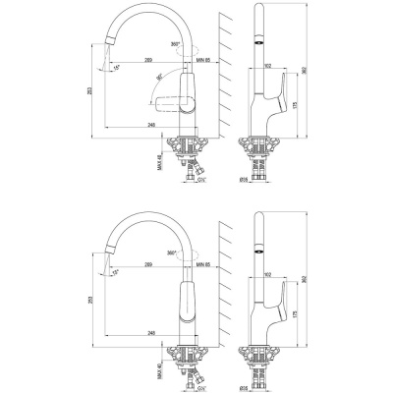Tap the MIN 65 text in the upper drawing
(204, 61)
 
